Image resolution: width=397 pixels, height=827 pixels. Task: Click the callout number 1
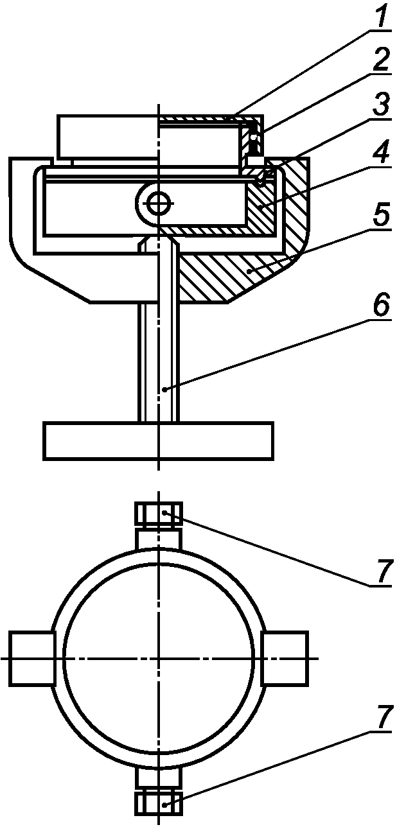(382, 18)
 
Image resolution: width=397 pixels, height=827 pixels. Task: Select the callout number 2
(382, 62)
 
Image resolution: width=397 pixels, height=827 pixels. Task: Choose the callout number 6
(382, 307)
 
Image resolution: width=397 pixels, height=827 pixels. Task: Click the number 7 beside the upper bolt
(382, 573)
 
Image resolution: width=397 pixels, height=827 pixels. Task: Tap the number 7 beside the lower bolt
(382, 720)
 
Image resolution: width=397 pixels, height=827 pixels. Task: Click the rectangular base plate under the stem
(159, 440)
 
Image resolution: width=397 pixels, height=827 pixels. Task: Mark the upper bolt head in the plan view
(158, 514)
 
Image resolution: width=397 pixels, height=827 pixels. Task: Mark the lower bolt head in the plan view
(158, 803)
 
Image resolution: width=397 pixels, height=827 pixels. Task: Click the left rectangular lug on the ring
(31, 658)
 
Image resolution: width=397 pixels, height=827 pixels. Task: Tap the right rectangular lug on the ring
(285, 658)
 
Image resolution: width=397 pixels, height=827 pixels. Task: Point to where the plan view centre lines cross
(158, 658)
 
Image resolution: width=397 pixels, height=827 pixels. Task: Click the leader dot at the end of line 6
(165, 389)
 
